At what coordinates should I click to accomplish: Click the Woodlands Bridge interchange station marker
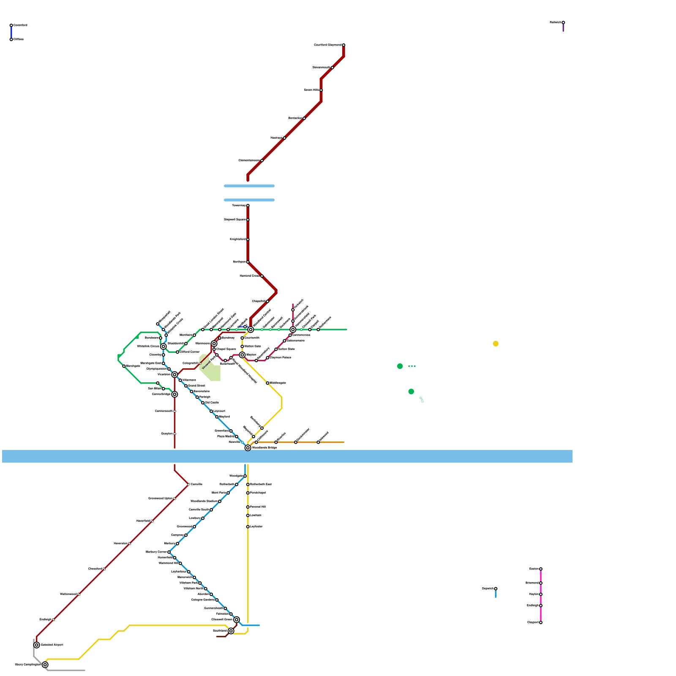248,448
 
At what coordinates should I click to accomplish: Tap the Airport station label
52,645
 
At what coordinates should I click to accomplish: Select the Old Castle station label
212,403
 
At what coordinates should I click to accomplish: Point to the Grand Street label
196,386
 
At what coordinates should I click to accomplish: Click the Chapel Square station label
226,349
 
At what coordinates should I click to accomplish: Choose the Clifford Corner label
190,352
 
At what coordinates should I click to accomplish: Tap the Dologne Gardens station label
203,600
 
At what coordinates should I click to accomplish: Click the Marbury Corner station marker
169,552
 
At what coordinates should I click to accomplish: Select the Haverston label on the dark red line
120,543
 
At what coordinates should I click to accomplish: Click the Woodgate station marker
245,476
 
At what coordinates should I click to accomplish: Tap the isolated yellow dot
496,343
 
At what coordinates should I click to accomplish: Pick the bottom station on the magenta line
541,622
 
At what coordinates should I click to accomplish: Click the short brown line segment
222,636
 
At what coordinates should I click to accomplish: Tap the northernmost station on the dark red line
343,45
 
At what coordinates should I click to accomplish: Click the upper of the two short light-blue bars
249,186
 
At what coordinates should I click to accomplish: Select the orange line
304,442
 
